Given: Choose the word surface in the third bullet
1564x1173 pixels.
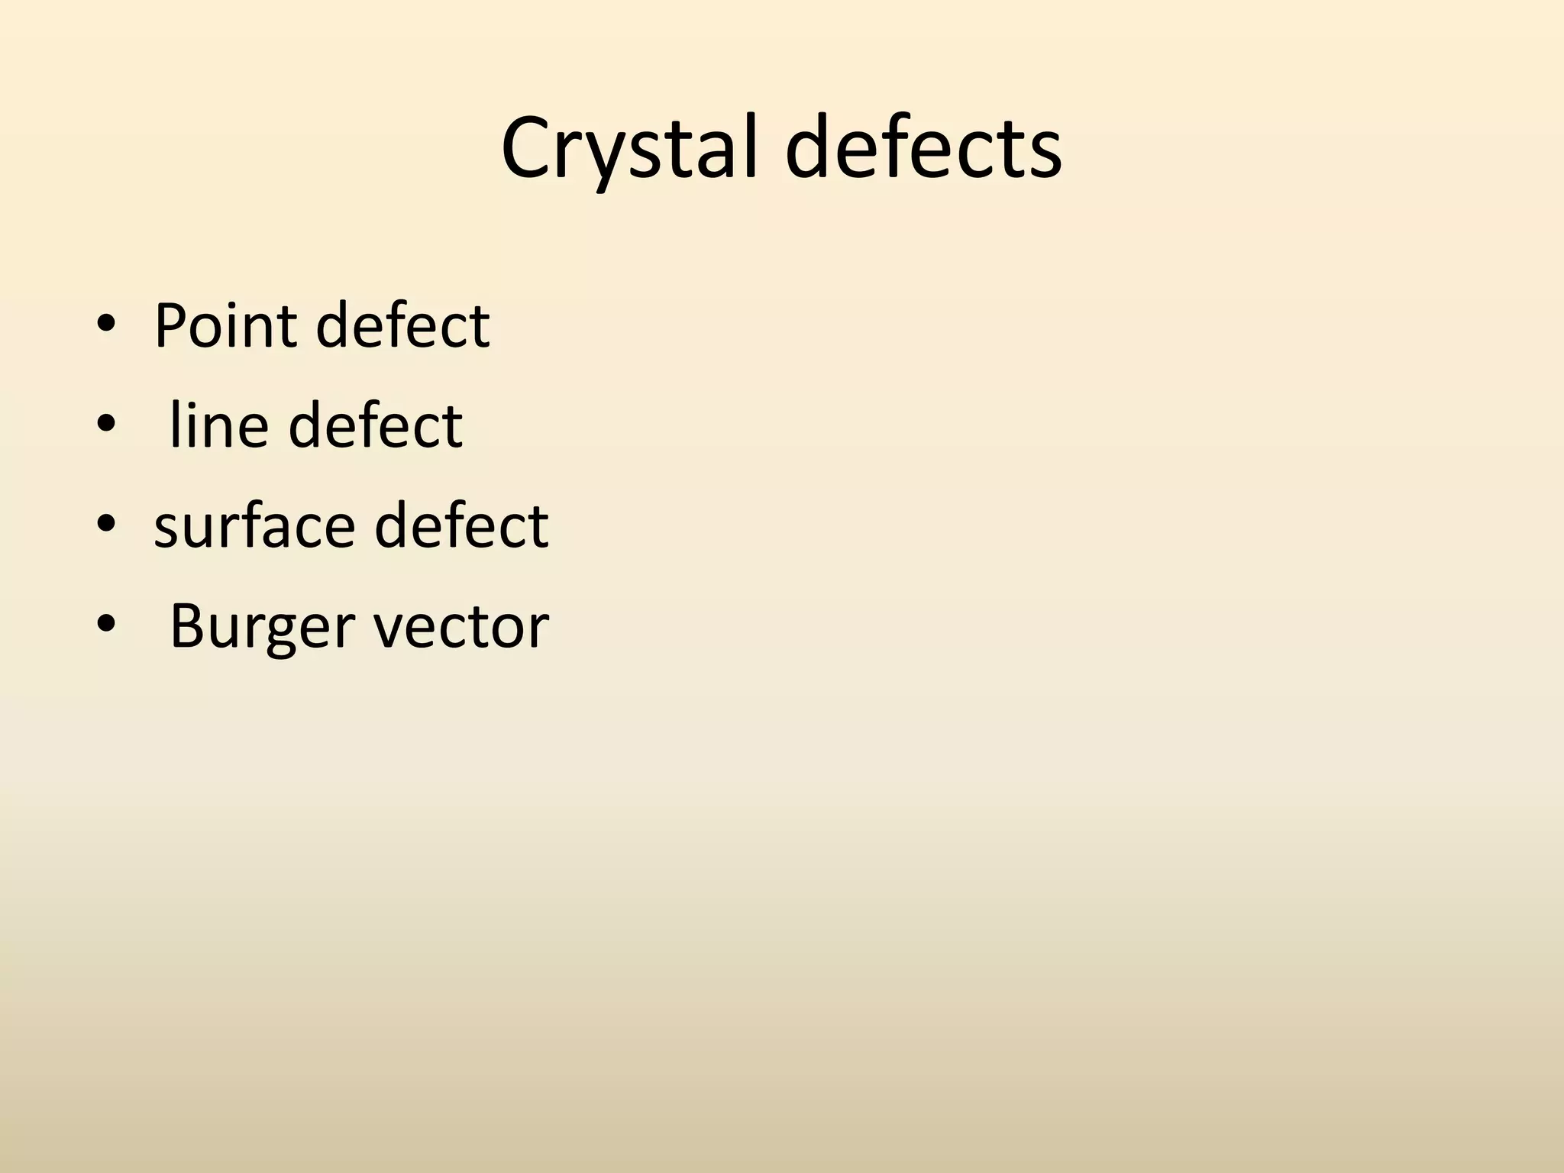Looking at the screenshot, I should tap(254, 526).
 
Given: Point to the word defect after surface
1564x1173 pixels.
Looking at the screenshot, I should tap(461, 526).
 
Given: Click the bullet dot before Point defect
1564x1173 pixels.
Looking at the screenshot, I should tap(106, 325).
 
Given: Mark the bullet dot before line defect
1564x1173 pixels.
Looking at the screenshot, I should tap(106, 425).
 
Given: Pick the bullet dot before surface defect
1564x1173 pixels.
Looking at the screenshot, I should tap(106, 525).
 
